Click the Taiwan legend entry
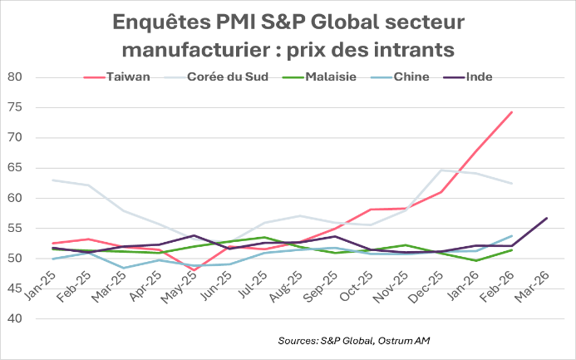click(129, 77)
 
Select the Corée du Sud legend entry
click(225, 77)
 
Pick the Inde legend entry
click(480, 77)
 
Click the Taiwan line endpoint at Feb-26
click(512, 111)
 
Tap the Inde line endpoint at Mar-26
click(547, 218)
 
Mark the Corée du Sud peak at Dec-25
click(441, 170)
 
